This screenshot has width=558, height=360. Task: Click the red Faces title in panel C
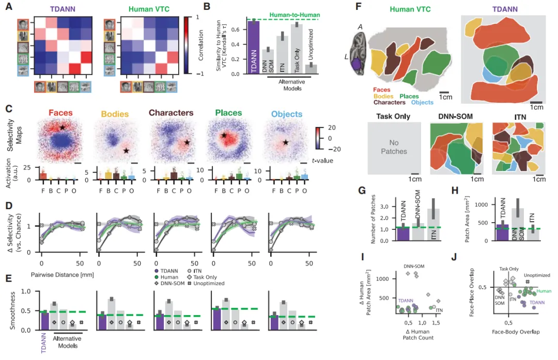[61, 113]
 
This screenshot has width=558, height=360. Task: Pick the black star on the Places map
[224, 135]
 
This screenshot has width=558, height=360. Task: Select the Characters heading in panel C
[172, 113]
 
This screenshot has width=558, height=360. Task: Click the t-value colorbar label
[321, 161]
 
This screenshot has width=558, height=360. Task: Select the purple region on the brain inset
[355, 64]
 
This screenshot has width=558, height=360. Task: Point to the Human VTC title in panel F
[411, 9]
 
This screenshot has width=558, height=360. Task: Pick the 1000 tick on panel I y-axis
[382, 278]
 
